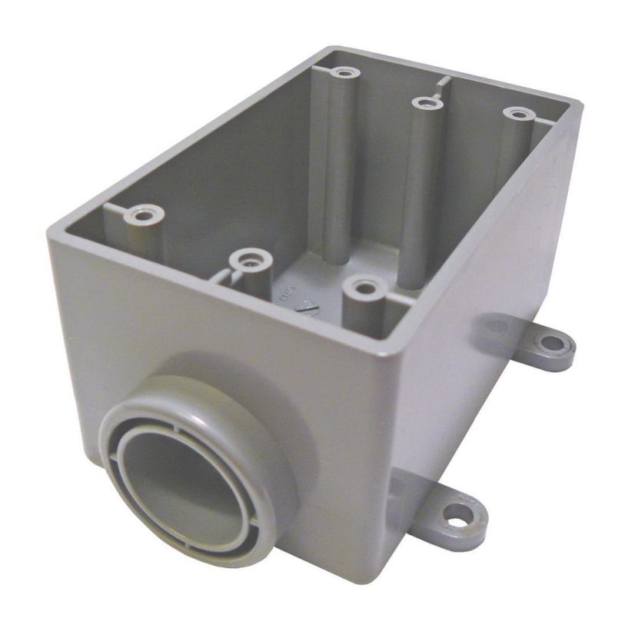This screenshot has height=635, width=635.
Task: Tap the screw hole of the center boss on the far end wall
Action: click(x=423, y=102)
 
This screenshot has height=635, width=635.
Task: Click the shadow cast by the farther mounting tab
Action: click(x=493, y=331)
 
